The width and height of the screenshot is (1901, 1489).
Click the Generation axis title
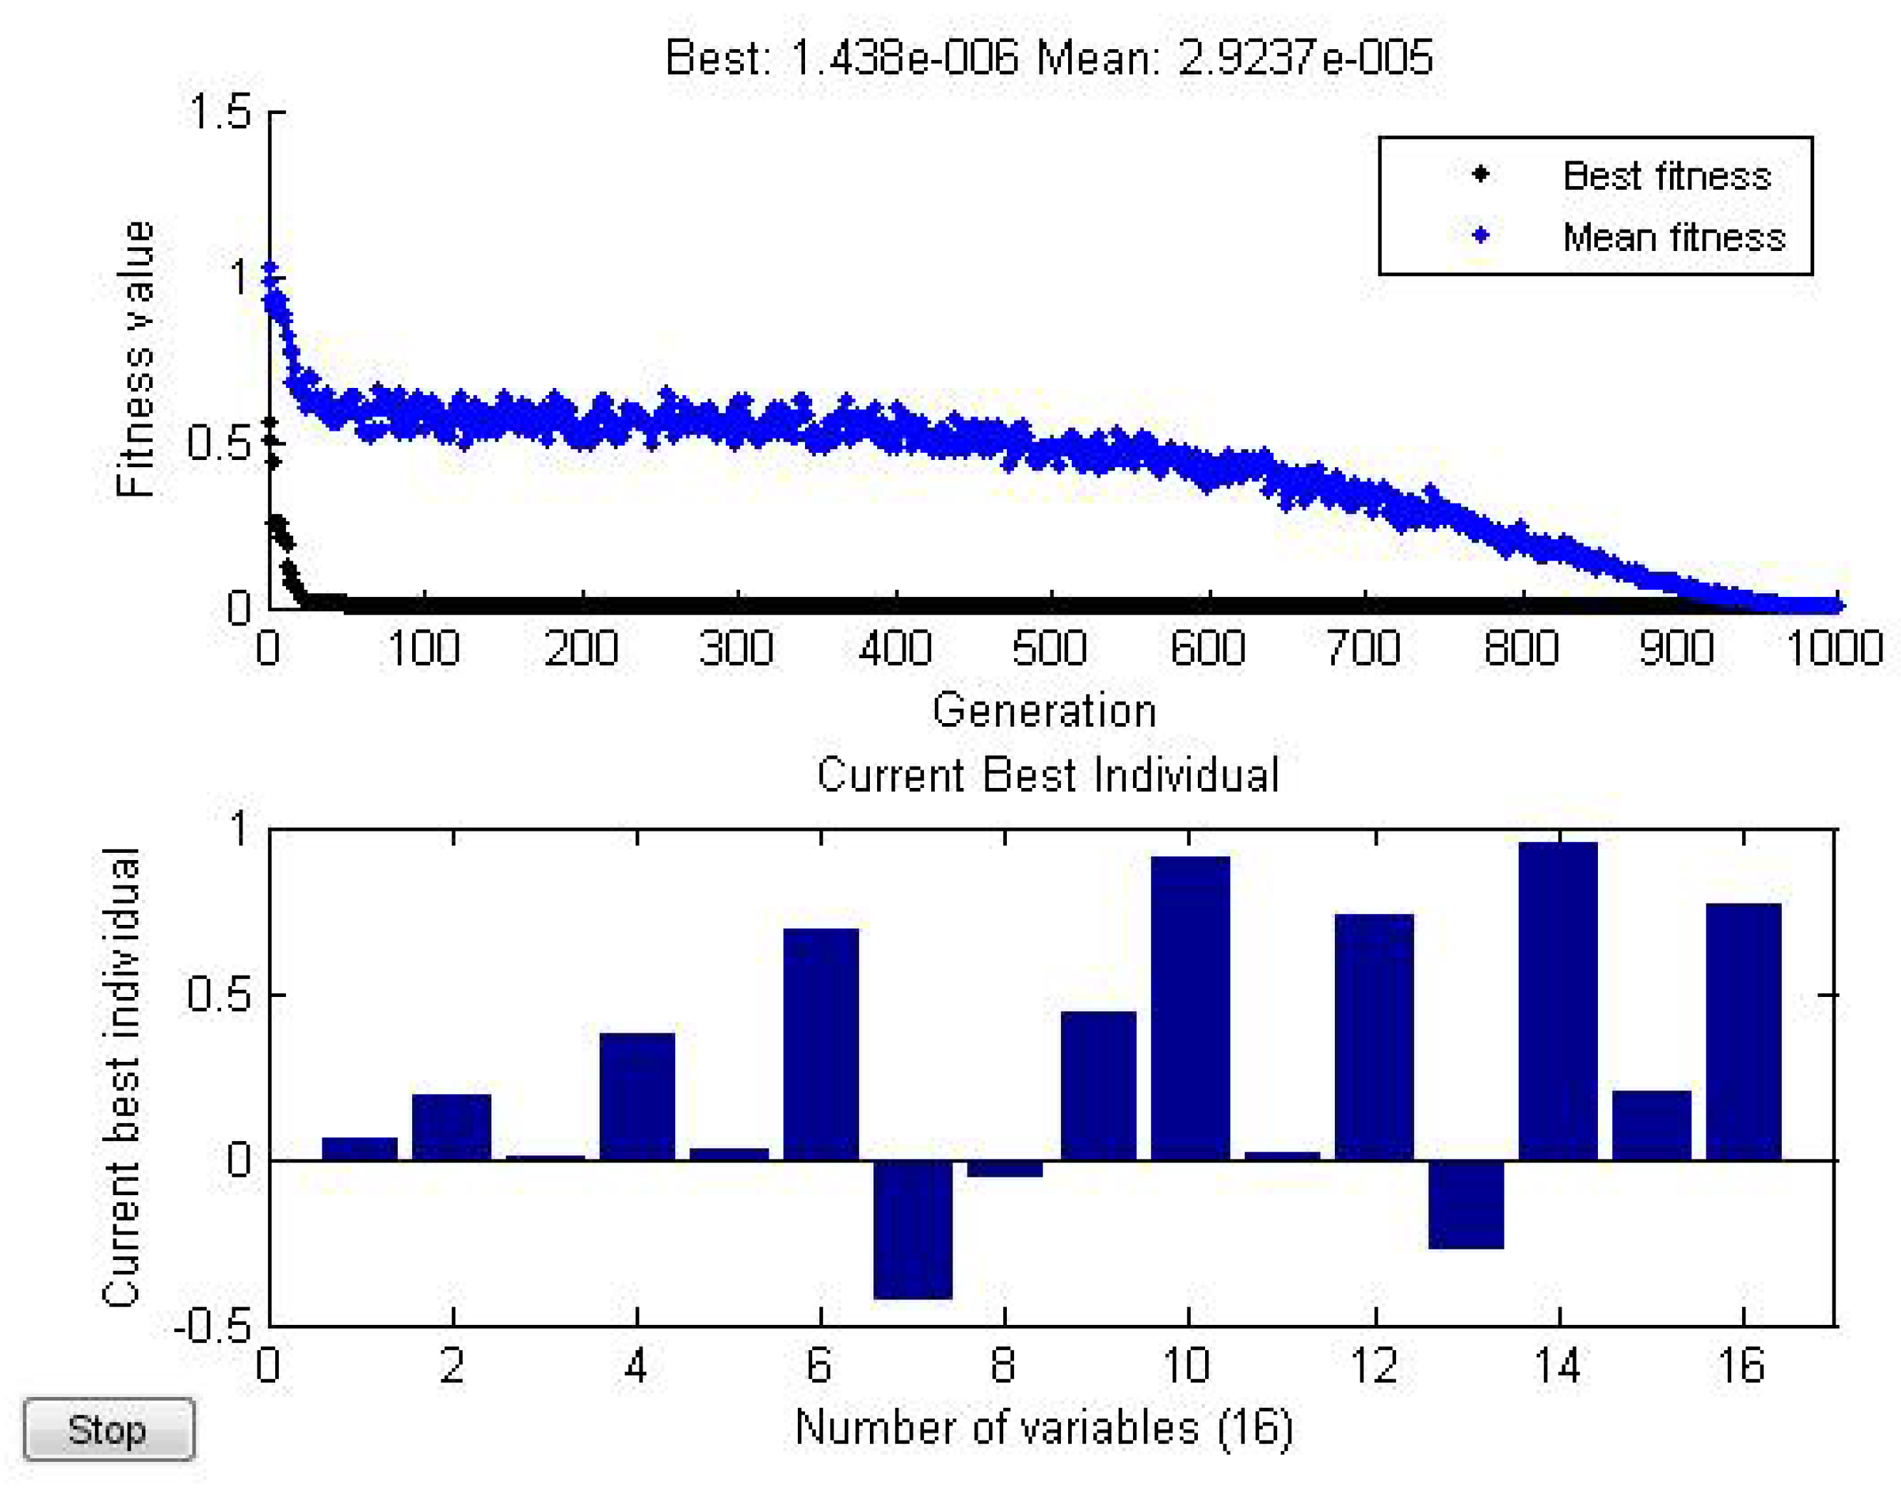1044,710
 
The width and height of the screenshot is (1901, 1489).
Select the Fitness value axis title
135,359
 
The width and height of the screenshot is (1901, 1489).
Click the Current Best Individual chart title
1047,775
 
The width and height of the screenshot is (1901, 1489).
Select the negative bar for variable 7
913,1229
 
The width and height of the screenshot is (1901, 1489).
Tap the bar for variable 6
821,1045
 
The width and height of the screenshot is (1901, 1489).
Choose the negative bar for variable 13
1466,1204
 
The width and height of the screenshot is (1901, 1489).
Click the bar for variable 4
637,1097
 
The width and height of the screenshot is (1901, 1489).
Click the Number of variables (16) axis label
1043,1428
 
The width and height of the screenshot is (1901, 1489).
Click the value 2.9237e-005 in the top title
1305,58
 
